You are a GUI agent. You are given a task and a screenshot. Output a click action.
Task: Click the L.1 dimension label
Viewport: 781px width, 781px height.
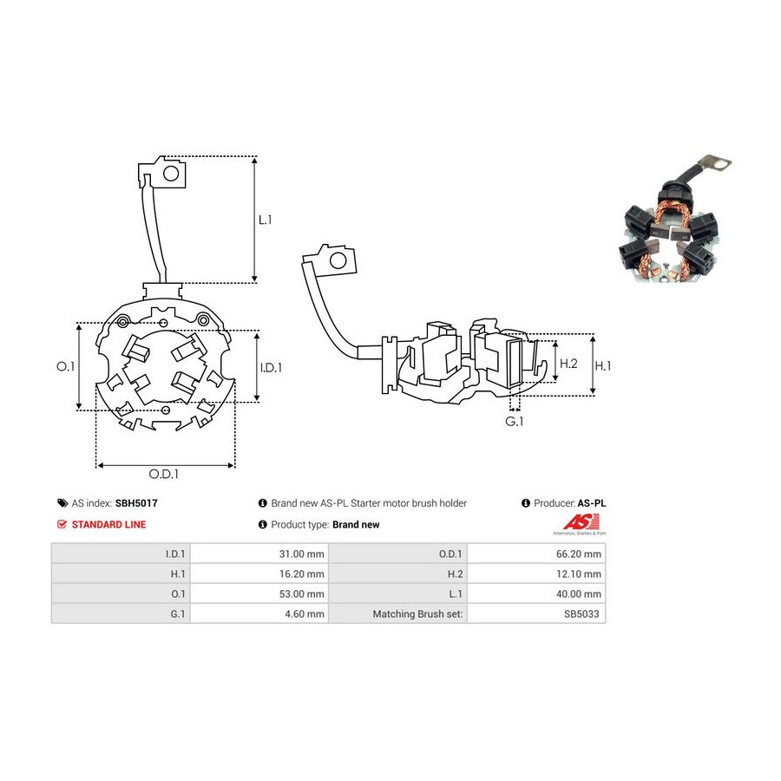[265, 220]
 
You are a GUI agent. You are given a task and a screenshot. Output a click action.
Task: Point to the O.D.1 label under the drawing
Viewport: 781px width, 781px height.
[164, 474]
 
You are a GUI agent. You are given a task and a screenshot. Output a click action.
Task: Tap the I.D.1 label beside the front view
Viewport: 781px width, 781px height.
[271, 368]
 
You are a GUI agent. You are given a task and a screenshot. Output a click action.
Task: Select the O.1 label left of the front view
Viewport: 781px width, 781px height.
[65, 366]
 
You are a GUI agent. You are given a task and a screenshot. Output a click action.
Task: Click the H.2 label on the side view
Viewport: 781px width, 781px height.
[568, 364]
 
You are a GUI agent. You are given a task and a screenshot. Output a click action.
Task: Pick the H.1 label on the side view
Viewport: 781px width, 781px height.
[603, 366]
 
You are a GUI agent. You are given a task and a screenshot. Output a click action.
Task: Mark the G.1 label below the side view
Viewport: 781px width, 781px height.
[515, 422]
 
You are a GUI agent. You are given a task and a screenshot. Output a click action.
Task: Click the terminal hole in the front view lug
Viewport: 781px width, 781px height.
[171, 174]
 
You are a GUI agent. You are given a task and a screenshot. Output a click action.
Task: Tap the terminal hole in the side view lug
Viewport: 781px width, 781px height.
[338, 260]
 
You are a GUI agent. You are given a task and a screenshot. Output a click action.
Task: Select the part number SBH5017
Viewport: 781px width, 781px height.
[136, 503]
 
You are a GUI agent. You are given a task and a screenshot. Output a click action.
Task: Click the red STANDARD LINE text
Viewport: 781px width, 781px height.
[108, 524]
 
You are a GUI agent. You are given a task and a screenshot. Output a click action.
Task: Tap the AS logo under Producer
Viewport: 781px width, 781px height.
[581, 523]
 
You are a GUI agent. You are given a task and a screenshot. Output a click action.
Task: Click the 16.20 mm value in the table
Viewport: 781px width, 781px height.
[301, 574]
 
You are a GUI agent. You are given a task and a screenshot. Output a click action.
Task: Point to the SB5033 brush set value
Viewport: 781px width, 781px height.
[581, 614]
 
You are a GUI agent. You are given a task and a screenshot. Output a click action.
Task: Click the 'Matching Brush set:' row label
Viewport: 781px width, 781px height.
[417, 614]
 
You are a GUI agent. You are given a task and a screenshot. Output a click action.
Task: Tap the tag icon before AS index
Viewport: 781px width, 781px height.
[62, 503]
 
